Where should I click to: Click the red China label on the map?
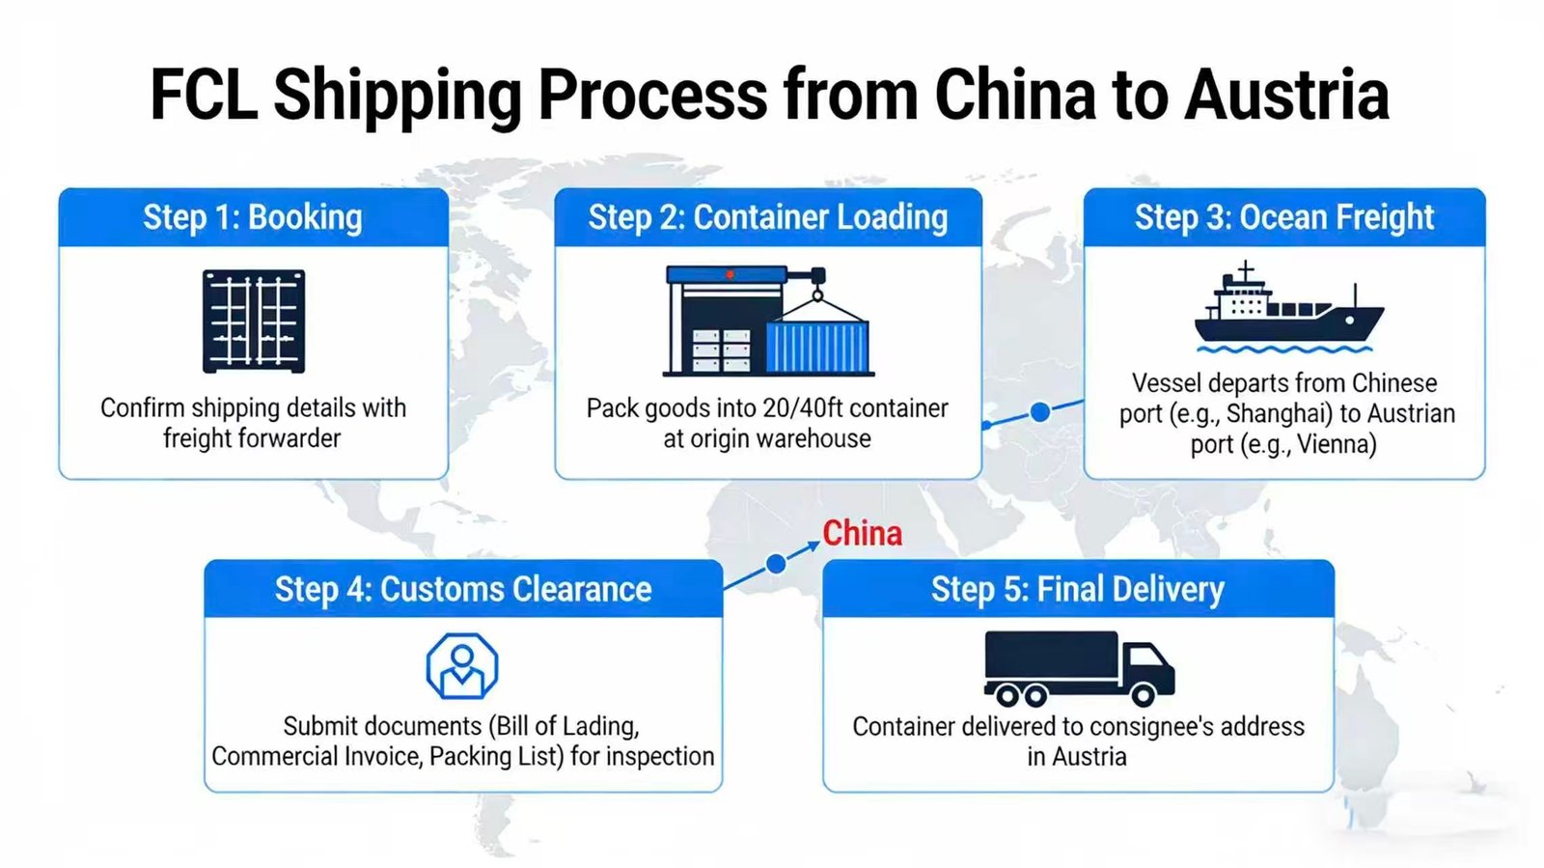pyautogui.click(x=862, y=533)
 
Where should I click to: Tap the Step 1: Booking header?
pyautogui.click(x=253, y=217)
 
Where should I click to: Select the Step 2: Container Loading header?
pyautogui.click(x=768, y=217)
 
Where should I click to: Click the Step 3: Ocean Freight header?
pyautogui.click(x=1283, y=217)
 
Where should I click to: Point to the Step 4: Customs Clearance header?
pyautogui.click(x=463, y=589)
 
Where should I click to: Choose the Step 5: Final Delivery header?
pyautogui.click(x=1077, y=589)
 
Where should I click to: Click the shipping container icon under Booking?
pyautogui.click(x=254, y=322)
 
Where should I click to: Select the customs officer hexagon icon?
pyautogui.click(x=462, y=666)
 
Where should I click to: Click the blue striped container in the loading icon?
pyautogui.click(x=817, y=346)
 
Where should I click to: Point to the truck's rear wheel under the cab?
pyautogui.click(x=1144, y=694)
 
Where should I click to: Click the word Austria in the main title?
pyautogui.click(x=1286, y=95)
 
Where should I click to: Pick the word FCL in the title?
pyautogui.click(x=204, y=95)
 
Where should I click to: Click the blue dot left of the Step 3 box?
pyautogui.click(x=1040, y=412)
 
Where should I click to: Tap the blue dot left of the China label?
pyautogui.click(x=776, y=564)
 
